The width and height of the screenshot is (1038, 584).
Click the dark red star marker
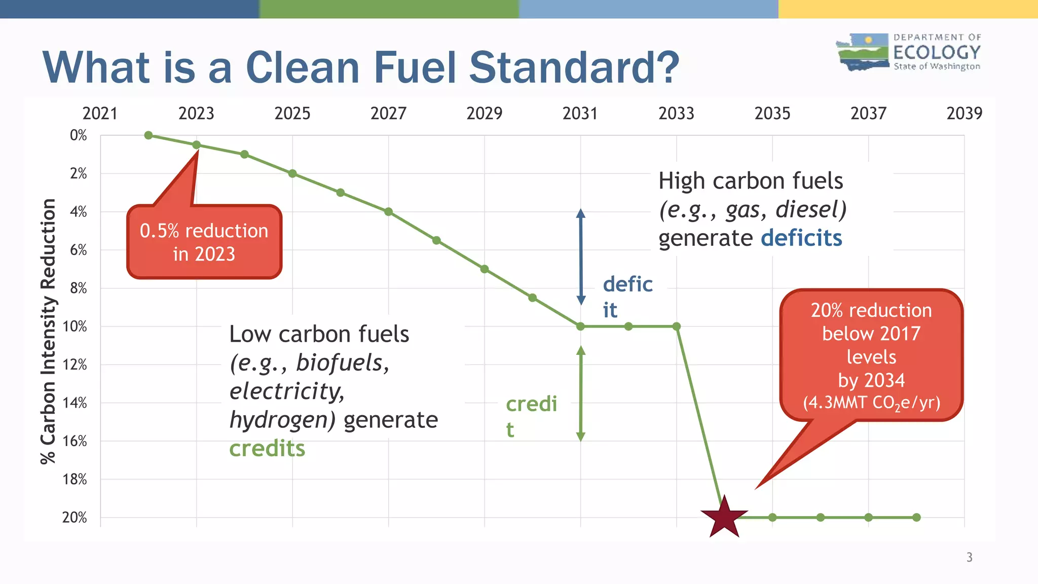point(724,518)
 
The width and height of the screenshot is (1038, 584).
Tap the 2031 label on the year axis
point(580,113)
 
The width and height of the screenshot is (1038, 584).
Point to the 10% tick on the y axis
point(75,326)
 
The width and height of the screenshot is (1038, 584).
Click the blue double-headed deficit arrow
point(581,257)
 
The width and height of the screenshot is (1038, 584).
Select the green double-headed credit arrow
point(581,393)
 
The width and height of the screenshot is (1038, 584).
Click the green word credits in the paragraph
point(267,449)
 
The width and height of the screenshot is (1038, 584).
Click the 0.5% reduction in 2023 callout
point(204,242)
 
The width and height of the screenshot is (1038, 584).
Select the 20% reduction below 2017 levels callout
point(871,355)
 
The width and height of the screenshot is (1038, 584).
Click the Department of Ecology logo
point(908,52)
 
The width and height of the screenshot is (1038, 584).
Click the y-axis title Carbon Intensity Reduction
point(48,331)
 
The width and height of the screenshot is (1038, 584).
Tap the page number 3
point(969,557)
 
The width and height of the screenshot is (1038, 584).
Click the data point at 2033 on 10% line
point(676,326)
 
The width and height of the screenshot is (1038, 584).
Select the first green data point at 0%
point(149,135)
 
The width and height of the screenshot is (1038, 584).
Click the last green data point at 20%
point(916,518)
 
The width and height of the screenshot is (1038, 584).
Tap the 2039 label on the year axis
point(964,113)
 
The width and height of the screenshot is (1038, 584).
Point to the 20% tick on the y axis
point(75,518)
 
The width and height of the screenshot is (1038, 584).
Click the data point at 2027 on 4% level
point(388,212)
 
